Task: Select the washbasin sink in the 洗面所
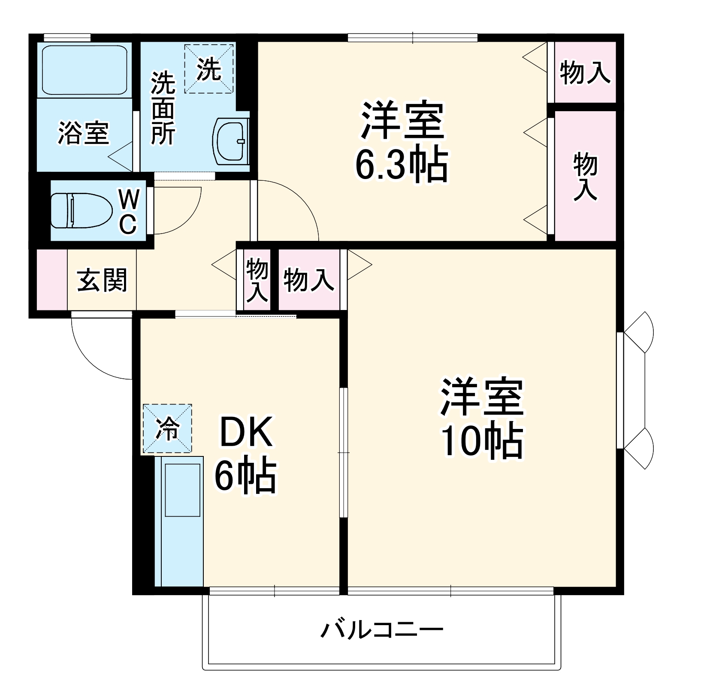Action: [x=231, y=141]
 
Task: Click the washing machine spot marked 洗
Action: [x=209, y=69]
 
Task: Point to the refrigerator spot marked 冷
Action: [x=167, y=429]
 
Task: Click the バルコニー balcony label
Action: [x=382, y=630]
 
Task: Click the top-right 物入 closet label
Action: [x=585, y=72]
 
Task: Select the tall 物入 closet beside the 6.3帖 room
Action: [x=586, y=176]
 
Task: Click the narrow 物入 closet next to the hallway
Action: [x=257, y=280]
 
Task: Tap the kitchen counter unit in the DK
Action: [x=179, y=522]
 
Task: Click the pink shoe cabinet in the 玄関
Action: [x=52, y=279]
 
